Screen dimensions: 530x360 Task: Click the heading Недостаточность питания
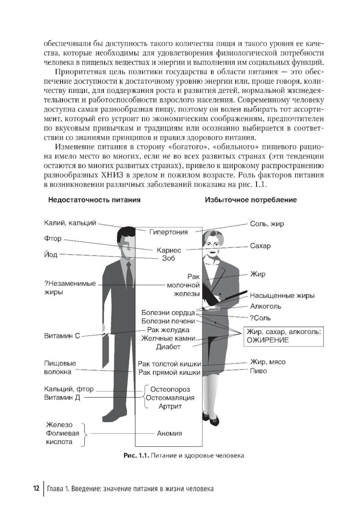point(94,200)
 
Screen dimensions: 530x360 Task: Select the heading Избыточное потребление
point(251,200)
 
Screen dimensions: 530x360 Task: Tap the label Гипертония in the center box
point(168,232)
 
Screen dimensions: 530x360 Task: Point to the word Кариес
point(169,250)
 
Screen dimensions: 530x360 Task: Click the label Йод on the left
point(51,255)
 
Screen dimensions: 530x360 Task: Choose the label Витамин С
point(62,336)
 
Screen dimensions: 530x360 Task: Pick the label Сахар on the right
point(260,246)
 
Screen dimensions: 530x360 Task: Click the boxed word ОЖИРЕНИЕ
point(268,340)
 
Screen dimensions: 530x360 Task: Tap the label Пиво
point(258,371)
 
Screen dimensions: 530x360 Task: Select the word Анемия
point(170,433)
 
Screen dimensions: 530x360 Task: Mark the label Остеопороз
point(170,389)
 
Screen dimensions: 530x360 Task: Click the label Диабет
point(168,347)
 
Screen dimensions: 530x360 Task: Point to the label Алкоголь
point(266,306)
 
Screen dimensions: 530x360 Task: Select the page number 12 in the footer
point(36,489)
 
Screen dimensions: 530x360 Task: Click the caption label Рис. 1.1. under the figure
point(136,455)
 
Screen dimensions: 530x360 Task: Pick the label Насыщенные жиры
point(282,296)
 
